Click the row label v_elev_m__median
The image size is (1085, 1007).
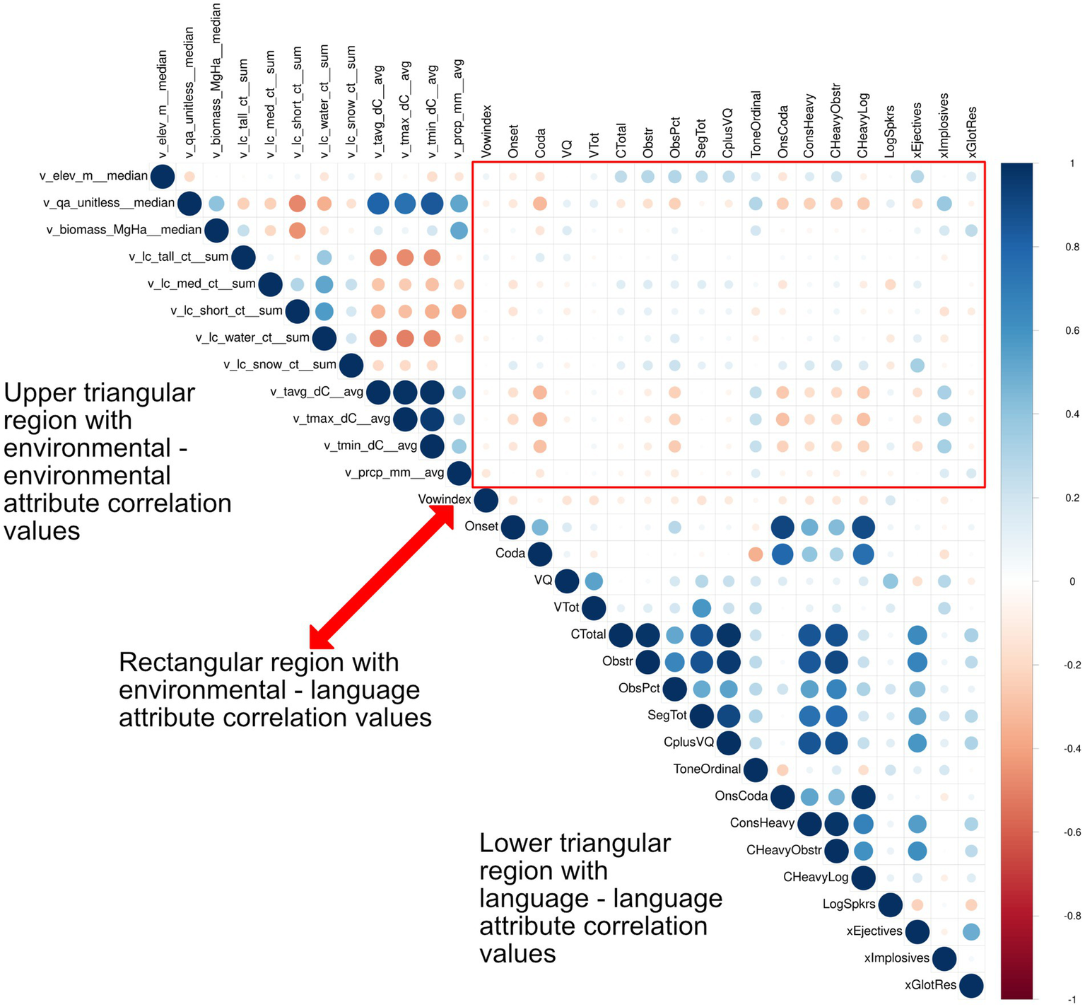[x=93, y=176]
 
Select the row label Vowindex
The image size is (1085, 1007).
[x=444, y=499]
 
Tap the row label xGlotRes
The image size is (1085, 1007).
[x=930, y=984]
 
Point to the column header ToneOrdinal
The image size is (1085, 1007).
[x=756, y=124]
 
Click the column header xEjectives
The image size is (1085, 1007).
[x=917, y=130]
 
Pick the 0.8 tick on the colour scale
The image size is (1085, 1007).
[x=1072, y=247]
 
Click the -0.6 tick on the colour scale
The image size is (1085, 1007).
[x=1072, y=832]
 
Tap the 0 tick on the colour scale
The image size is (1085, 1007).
[x=1072, y=581]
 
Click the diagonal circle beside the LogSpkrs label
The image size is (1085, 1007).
[x=890, y=904]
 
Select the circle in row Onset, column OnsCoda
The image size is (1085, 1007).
[x=782, y=527]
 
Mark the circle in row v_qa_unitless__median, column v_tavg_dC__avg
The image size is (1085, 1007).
[x=378, y=204]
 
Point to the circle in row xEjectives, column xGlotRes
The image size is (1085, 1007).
[x=971, y=931]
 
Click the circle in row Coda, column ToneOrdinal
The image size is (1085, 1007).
[x=756, y=554]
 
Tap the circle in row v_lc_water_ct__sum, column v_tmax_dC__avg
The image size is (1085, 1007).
[x=405, y=338]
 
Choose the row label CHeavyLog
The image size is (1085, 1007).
[x=815, y=877]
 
